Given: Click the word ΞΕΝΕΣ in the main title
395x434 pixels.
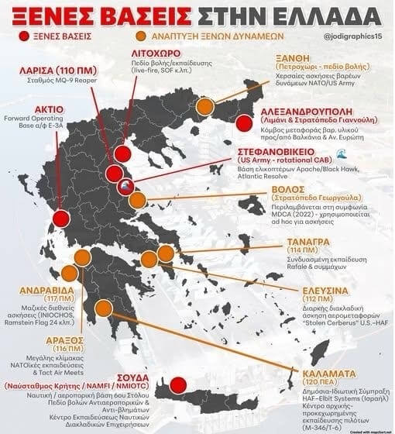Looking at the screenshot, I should tap(56, 16).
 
